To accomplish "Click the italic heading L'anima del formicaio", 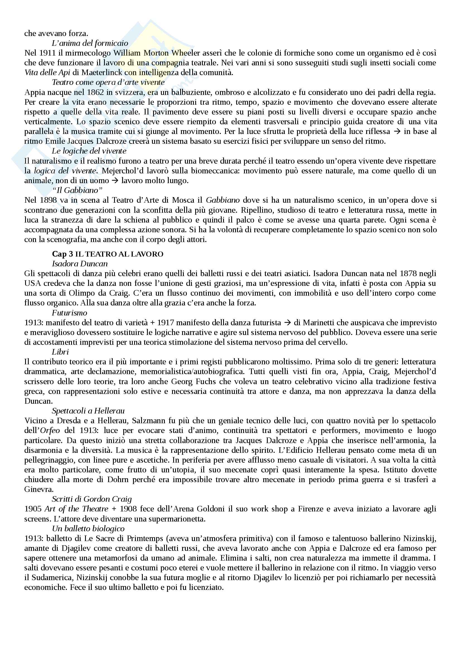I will pos(90,43).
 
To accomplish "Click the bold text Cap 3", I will pos(62,254).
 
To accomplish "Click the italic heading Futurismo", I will pos(69,313).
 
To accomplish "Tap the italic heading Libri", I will pos(60,352).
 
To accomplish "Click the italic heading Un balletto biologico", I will pos(88,528).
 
